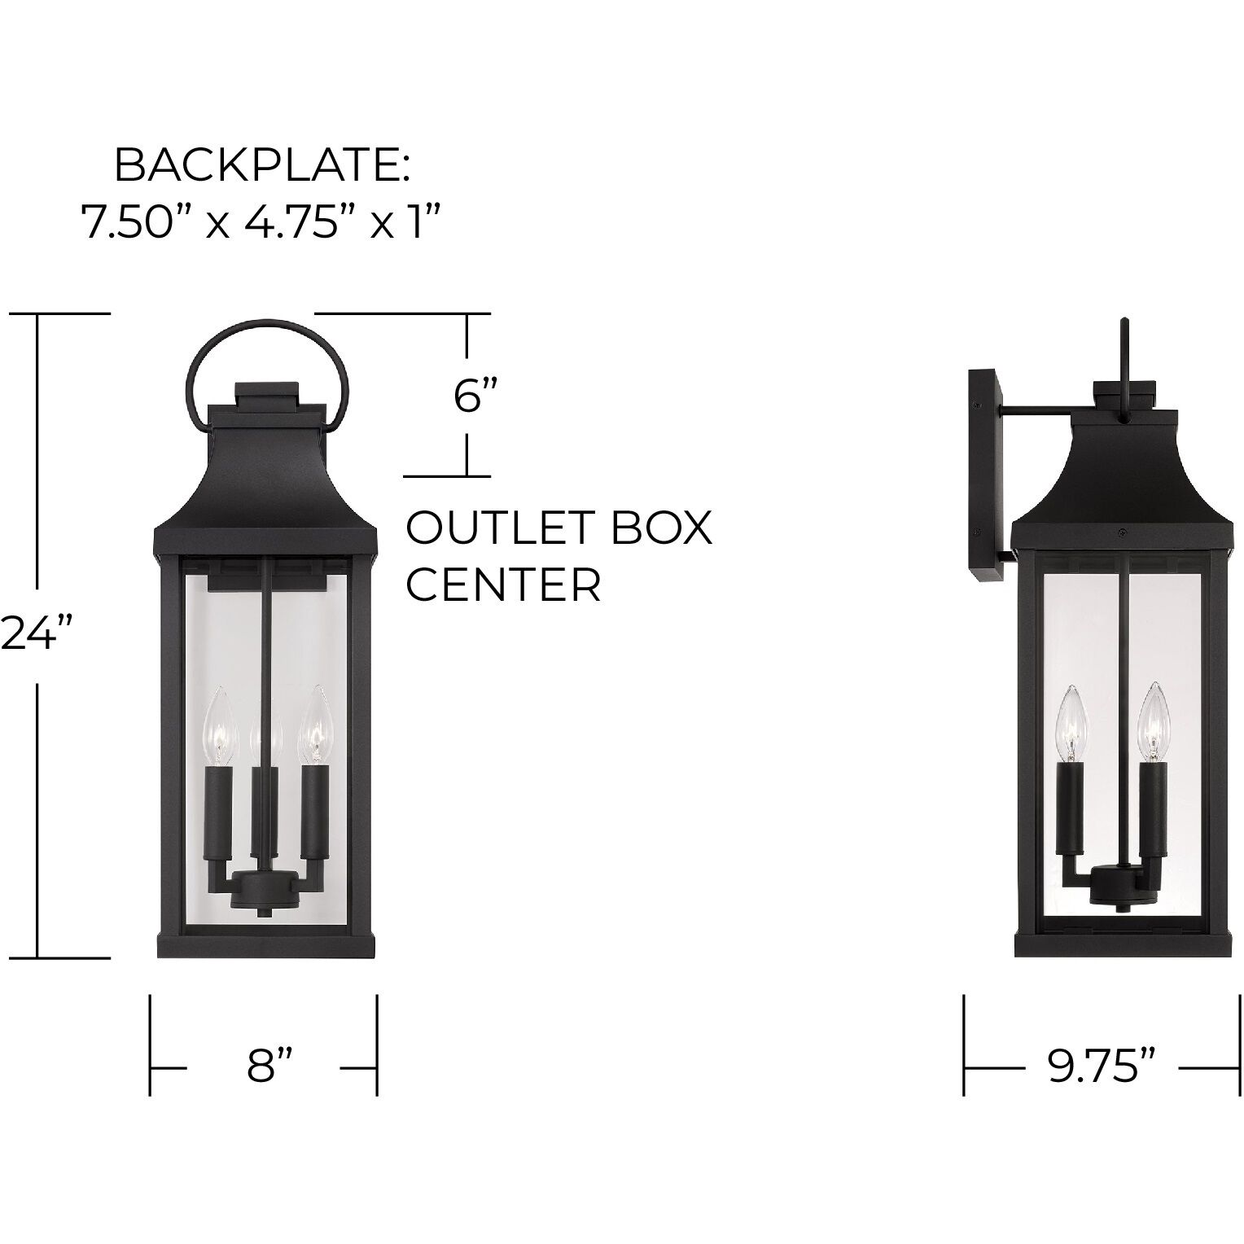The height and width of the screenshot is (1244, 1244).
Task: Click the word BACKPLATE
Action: (261, 166)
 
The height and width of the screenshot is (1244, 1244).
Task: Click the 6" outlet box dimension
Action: (475, 396)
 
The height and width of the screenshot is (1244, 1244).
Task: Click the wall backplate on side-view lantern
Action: (985, 476)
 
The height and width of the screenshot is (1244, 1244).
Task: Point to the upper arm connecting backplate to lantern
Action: (1038, 412)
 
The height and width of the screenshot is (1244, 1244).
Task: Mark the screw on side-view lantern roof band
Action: (1123, 532)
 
